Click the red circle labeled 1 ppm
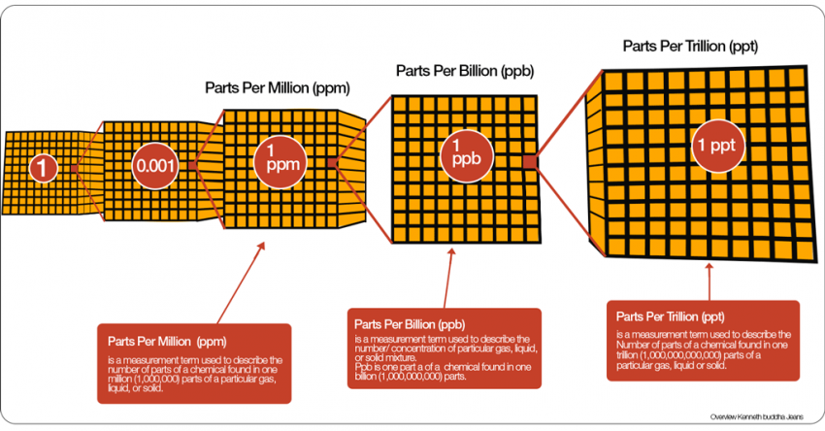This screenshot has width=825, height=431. pyautogui.click(x=280, y=162)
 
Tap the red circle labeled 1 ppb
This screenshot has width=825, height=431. pyautogui.click(x=466, y=156)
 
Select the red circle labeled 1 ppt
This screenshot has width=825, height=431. pyautogui.click(x=717, y=146)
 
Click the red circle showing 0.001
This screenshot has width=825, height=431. pyautogui.click(x=155, y=166)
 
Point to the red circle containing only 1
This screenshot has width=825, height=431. pyautogui.click(x=44, y=168)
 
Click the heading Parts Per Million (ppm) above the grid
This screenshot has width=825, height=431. pyautogui.click(x=278, y=87)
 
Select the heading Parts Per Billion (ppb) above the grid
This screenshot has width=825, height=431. pyautogui.click(x=465, y=71)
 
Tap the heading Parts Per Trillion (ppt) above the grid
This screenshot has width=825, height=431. pyautogui.click(x=690, y=46)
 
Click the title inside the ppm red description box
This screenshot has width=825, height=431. pyautogui.click(x=167, y=341)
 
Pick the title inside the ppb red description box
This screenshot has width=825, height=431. pyautogui.click(x=410, y=324)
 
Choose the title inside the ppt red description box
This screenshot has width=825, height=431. pyautogui.click(x=671, y=316)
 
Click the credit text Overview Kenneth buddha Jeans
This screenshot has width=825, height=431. pyautogui.click(x=757, y=417)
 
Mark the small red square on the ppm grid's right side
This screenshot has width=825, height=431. pyautogui.click(x=332, y=163)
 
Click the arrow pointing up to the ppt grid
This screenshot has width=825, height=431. pyautogui.click(x=709, y=282)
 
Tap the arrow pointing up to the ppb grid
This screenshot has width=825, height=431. pyautogui.click(x=447, y=279)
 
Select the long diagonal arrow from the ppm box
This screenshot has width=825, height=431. pyautogui.click(x=241, y=283)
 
